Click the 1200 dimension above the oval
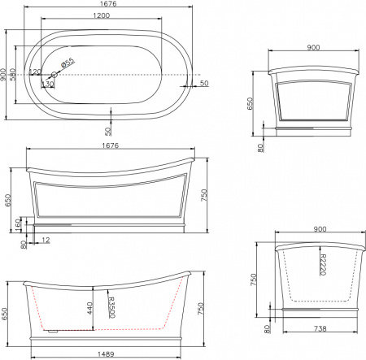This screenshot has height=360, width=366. pos(102,16)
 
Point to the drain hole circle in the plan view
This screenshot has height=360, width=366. pos(54,75)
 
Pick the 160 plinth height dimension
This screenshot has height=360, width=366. pos(19,223)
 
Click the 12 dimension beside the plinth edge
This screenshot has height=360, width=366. pos(46,241)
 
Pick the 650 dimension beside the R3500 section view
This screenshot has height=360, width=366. pos(5,310)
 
